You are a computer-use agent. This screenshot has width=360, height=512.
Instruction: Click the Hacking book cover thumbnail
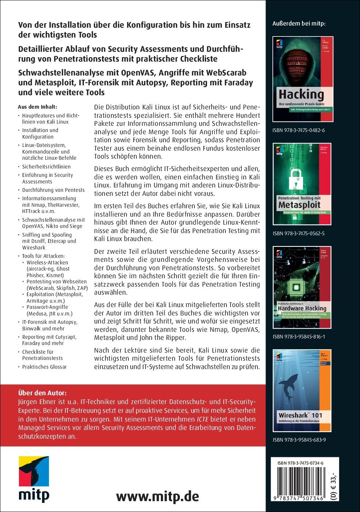[303, 79]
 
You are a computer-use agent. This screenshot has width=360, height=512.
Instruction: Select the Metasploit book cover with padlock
[302, 184]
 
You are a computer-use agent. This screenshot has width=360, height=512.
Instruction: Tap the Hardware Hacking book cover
[302, 287]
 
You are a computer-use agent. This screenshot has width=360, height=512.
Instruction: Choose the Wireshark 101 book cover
[302, 391]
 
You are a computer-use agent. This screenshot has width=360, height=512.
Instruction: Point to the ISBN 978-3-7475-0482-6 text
[299, 130]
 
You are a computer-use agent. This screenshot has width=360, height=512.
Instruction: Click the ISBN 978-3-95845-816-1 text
[299, 337]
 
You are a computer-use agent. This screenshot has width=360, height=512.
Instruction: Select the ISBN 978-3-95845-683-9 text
[299, 440]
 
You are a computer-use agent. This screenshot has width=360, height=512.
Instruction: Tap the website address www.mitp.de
[158, 496]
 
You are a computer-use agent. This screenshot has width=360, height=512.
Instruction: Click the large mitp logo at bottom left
[34, 479]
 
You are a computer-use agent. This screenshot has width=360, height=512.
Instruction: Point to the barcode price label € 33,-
[334, 485]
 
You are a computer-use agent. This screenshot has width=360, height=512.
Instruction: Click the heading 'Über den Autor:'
[42, 393]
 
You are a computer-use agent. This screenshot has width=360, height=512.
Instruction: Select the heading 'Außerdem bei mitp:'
[299, 23]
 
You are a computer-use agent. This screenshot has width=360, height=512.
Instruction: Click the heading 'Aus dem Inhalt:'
[37, 107]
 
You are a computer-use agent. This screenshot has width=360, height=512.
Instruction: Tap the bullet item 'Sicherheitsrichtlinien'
[46, 167]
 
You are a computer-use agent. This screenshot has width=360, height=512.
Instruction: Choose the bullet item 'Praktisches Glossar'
[44, 367]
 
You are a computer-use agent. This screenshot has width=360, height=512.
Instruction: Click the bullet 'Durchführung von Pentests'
[53, 190]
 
